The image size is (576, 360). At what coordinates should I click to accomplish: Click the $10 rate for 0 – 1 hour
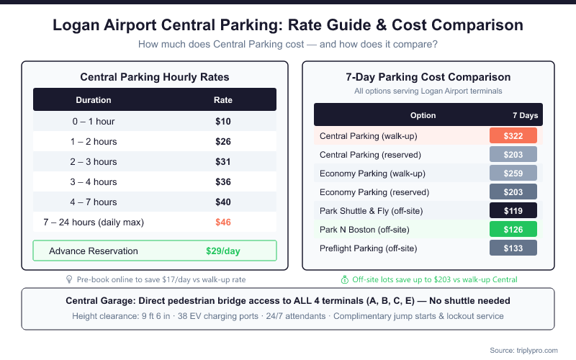pyautogui.click(x=223, y=121)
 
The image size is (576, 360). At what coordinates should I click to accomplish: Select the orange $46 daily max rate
pyautogui.click(x=223, y=222)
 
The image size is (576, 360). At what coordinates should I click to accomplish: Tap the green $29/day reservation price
pyautogui.click(x=223, y=251)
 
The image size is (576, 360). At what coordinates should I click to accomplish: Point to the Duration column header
pyautogui.click(x=94, y=100)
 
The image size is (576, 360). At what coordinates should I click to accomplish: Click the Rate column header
pyautogui.click(x=223, y=100)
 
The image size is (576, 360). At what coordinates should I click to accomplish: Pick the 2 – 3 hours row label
pyautogui.click(x=94, y=161)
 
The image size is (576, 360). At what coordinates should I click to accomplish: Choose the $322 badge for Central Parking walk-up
pyautogui.click(x=513, y=136)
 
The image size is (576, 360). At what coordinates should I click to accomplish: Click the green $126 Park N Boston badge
pyautogui.click(x=513, y=230)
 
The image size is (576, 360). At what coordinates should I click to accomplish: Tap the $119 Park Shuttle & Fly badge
pyautogui.click(x=513, y=211)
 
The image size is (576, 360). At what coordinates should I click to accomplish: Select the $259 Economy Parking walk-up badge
pyautogui.click(x=513, y=174)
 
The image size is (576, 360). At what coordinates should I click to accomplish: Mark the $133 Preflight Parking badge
pyautogui.click(x=513, y=248)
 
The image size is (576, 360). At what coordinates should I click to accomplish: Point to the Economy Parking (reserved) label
pyautogui.click(x=374, y=192)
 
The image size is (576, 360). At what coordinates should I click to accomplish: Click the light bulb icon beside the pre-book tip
pyautogui.click(x=69, y=279)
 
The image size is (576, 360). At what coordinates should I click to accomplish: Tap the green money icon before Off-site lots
pyautogui.click(x=344, y=279)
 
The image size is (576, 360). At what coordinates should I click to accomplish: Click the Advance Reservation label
pyautogui.click(x=94, y=251)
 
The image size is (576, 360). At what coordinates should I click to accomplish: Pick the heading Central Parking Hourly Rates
pyautogui.click(x=155, y=76)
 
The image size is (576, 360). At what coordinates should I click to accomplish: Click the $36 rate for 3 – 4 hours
pyautogui.click(x=223, y=181)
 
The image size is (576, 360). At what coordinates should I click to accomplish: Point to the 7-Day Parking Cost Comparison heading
pyautogui.click(x=428, y=77)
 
